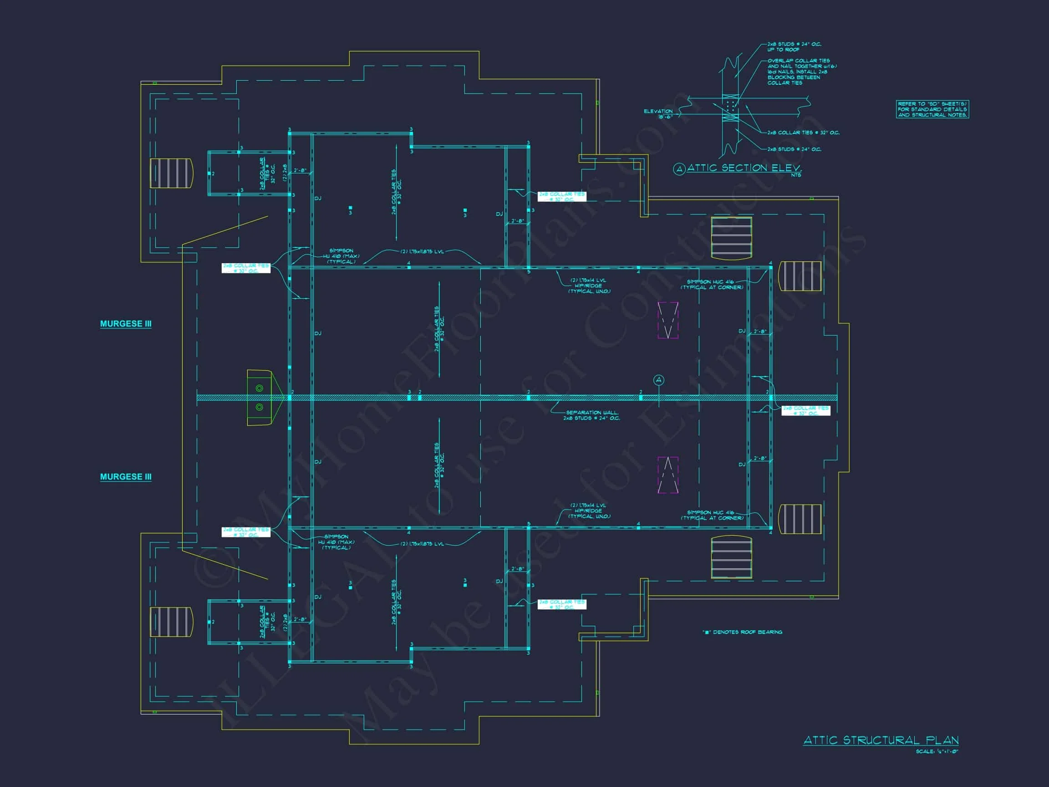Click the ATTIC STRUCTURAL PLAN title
881,740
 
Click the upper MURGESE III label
126,323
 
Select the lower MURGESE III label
126,477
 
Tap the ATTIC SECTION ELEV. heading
744,168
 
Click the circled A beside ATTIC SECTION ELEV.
679,169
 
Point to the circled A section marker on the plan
658,380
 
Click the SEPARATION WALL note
591,415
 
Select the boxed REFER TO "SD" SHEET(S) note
932,109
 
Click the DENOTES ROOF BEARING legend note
742,632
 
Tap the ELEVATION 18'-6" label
658,114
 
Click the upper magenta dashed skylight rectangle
668,321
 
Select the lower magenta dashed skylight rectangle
668,475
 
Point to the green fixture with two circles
260,398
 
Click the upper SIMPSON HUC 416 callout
712,284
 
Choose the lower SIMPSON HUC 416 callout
712,515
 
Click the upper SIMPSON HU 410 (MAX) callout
341,256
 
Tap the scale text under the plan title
937,751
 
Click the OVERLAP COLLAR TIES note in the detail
801,72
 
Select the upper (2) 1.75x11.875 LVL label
422,251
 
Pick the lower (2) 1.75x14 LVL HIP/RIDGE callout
590,511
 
